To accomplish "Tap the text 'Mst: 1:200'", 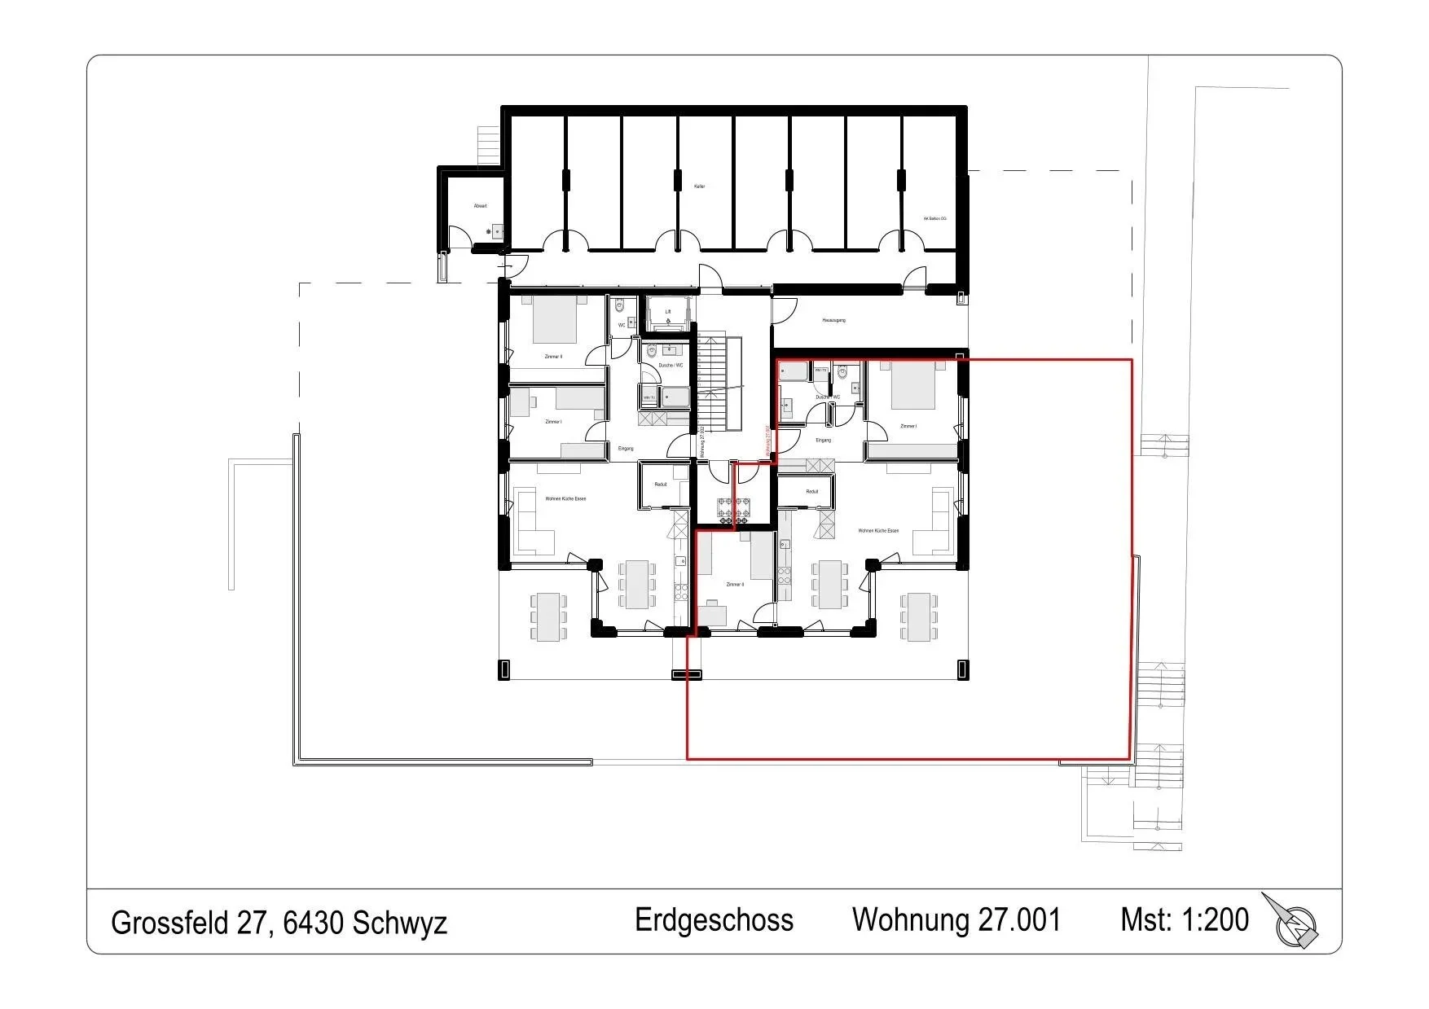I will click(x=1184, y=919).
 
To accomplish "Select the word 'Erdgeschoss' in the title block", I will click(x=714, y=920).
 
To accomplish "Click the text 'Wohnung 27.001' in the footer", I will click(x=956, y=920).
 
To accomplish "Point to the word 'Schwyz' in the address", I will click(x=400, y=923).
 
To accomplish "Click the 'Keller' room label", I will click(x=699, y=186).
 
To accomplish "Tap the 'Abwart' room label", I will click(x=481, y=206).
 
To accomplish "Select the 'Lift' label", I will click(x=668, y=312).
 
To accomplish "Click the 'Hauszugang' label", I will click(x=833, y=320).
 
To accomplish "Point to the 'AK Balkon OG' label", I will click(x=935, y=218).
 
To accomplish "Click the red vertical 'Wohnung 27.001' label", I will click(x=767, y=441).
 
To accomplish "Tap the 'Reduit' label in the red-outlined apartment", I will click(x=811, y=492).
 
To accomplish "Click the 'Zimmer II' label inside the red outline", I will click(x=735, y=585).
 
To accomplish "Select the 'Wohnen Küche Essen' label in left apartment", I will click(x=565, y=498).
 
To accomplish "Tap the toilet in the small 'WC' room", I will click(x=620, y=307).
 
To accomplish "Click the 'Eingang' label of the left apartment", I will click(x=626, y=449).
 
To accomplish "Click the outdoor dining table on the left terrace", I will click(x=548, y=616).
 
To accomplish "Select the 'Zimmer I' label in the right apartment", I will click(x=908, y=427).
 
